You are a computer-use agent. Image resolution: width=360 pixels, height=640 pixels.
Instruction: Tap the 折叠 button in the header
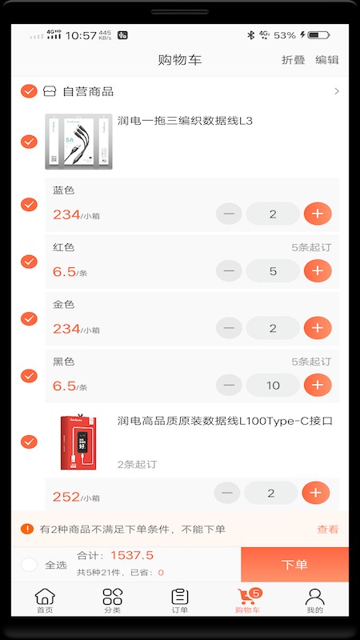[x=293, y=60]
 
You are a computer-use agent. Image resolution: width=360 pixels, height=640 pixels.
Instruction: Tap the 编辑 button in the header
[x=326, y=60]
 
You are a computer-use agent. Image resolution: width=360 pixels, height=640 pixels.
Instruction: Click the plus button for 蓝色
[x=318, y=214]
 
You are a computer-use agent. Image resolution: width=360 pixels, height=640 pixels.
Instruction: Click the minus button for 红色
[x=229, y=271]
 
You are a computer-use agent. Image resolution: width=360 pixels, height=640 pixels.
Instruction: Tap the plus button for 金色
[x=318, y=328]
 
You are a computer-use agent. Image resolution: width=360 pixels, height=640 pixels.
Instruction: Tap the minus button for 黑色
[x=229, y=386]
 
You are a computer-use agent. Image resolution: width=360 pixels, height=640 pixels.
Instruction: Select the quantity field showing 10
[x=273, y=386]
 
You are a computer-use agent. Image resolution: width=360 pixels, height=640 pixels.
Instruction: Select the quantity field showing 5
[x=273, y=271]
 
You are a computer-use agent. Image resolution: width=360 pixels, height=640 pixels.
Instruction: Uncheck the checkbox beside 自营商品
[x=29, y=91]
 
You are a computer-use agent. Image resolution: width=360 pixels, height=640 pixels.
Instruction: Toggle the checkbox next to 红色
[x=29, y=262]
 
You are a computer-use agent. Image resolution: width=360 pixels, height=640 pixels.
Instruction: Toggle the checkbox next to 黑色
[x=29, y=376]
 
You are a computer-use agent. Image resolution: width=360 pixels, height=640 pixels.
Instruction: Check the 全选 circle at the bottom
[x=29, y=565]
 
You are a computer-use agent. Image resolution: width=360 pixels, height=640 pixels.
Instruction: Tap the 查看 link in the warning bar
[x=328, y=529]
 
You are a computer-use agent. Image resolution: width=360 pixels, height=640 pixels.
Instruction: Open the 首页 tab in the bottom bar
[x=45, y=600]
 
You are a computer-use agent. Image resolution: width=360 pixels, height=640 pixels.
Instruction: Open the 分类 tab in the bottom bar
[x=112, y=600]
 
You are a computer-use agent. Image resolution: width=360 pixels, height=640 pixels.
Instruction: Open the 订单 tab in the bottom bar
[x=180, y=600]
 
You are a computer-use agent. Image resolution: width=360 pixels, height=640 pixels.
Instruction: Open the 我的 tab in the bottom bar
[x=315, y=600]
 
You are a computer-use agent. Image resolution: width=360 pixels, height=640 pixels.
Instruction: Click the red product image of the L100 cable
[x=78, y=442]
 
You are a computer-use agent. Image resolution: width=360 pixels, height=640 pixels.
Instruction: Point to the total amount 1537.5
[x=132, y=555]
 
